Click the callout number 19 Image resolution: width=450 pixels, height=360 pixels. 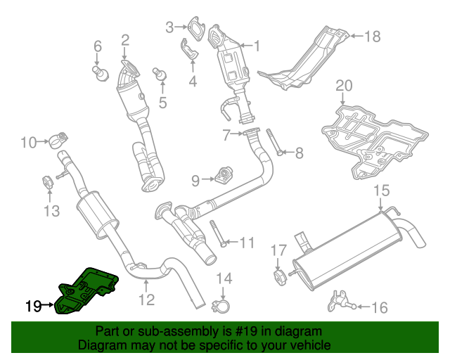(x=33, y=306)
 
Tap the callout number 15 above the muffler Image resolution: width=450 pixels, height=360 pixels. (x=380, y=191)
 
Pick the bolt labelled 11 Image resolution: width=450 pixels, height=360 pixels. (x=217, y=235)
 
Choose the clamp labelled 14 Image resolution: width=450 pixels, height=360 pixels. (x=223, y=304)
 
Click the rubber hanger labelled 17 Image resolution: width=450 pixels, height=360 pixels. (x=278, y=274)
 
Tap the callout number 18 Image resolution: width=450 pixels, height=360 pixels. (x=372, y=36)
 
